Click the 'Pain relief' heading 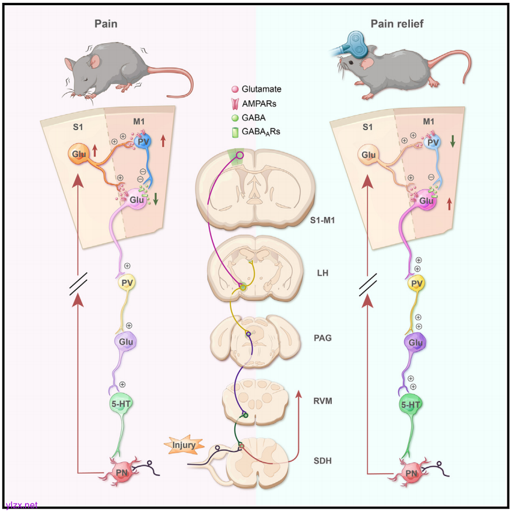(397, 24)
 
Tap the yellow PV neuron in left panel (128, 284)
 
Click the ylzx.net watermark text (22, 505)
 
